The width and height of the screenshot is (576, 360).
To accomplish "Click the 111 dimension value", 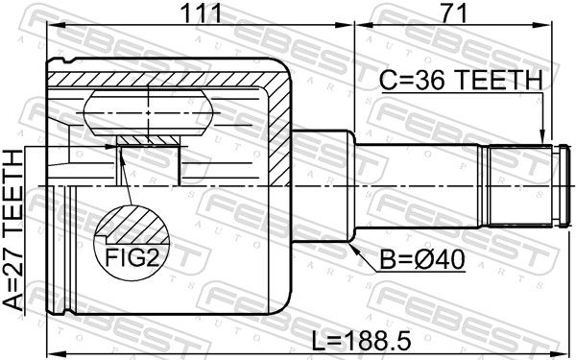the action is (x=202, y=13).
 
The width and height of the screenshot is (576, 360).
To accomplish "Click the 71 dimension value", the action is (x=454, y=13).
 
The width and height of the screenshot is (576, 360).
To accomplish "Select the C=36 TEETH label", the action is (x=461, y=81).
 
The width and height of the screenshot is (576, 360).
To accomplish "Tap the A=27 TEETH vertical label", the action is (x=13, y=230).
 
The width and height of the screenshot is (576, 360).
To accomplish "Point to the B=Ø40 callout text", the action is (x=422, y=260).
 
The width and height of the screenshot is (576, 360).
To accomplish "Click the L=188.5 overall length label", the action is (x=361, y=341).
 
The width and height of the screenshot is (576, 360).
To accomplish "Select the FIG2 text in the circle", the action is (x=132, y=257).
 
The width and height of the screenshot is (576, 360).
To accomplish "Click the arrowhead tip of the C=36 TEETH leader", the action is (x=541, y=144).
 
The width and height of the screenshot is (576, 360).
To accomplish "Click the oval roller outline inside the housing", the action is (x=149, y=112).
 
